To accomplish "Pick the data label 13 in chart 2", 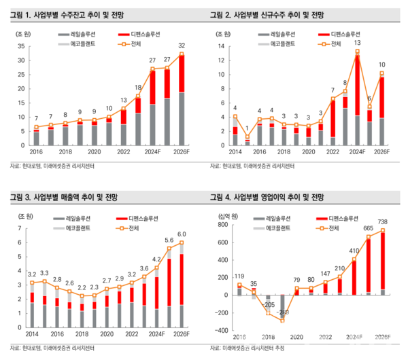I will tap(357, 42).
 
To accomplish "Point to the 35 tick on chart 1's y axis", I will tap(21, 46).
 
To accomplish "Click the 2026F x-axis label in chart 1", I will tap(182, 153).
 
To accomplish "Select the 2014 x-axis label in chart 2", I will tap(235, 153).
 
